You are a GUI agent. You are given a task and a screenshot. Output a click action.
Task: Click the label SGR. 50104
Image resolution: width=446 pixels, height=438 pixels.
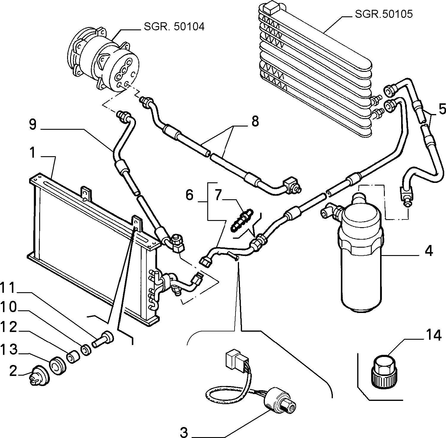pos(174,27)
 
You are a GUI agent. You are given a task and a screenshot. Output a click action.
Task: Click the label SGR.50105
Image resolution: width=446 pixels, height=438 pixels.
pos(384,14)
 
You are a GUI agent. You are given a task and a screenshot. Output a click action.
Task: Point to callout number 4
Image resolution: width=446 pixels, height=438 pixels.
pos(428,251)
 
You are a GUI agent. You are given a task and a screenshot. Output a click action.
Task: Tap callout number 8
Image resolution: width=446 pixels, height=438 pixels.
pos(254,121)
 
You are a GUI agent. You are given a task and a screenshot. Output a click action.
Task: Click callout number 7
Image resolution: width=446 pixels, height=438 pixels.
pos(218,195)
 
